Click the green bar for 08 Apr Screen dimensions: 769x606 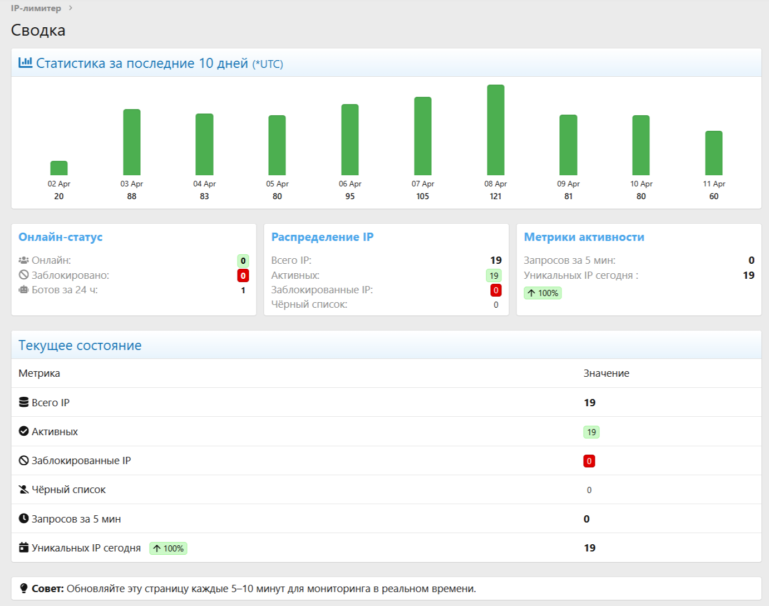coord(496,130)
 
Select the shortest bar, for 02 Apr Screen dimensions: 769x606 coord(59,168)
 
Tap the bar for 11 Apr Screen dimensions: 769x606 coord(713,153)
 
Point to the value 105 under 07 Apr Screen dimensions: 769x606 coord(422,196)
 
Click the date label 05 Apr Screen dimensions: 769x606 coord(277,184)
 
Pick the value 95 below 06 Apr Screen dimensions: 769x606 coord(350,196)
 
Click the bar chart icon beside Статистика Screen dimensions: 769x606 coord(26,62)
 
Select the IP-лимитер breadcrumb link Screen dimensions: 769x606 coord(36,8)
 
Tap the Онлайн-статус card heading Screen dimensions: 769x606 coord(61,237)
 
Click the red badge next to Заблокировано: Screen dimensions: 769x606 coord(243,275)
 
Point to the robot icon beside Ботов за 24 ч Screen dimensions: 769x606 coord(23,290)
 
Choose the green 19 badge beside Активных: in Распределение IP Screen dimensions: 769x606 coord(494,275)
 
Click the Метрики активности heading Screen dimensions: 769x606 coord(584,237)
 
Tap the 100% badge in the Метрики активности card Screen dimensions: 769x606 coord(543,293)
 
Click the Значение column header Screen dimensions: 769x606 coord(607,373)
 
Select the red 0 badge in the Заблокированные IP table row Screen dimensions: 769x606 coord(589,461)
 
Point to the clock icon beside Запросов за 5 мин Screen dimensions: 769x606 coord(23,519)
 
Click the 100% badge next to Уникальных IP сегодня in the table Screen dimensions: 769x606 coord(168,549)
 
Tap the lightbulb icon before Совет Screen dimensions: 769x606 coord(23,588)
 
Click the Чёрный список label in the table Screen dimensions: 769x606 coord(68,490)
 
